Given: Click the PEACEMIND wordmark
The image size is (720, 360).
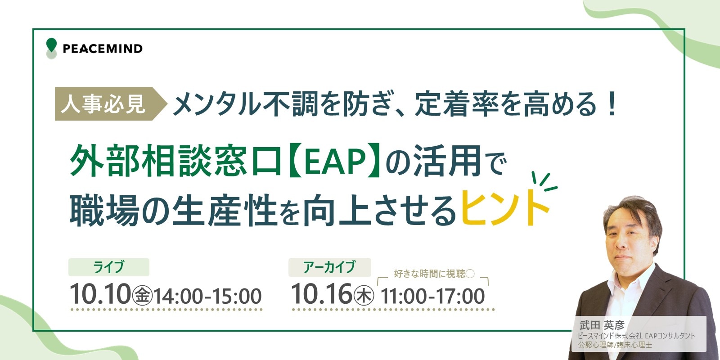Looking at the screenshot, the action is click(x=103, y=49).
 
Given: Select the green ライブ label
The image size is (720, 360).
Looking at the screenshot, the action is click(x=108, y=267).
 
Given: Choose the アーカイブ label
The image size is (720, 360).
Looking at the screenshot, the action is click(x=329, y=267).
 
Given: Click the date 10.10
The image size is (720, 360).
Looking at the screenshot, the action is click(x=100, y=294).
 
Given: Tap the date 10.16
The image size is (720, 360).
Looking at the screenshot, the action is click(x=322, y=294).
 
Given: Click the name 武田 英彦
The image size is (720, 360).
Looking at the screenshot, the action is click(x=602, y=325).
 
